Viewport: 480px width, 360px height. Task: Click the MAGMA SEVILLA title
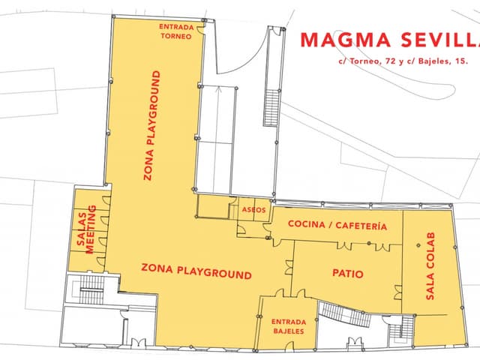point(390,40)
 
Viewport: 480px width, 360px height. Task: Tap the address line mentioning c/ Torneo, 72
point(403,61)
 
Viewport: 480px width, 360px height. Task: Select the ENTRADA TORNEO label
point(176,31)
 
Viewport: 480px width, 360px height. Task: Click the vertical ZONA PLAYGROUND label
point(152,125)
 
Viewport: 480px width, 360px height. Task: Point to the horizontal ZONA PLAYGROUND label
point(196,271)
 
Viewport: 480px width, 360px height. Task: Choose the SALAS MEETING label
point(87,229)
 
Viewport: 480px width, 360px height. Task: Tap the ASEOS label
point(253,210)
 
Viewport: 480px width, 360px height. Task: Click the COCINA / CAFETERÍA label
point(337,225)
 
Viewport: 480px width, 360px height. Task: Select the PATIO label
point(348,273)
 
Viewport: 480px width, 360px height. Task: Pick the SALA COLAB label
point(430,266)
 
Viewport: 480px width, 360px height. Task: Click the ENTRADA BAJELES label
point(289,326)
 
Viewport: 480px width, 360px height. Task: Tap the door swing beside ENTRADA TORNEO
point(199,31)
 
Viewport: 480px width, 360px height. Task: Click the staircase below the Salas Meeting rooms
point(91,289)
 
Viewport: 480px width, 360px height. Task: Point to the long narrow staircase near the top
point(271,107)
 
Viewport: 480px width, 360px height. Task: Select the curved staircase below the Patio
point(344,313)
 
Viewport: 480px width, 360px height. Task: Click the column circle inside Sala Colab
point(418,245)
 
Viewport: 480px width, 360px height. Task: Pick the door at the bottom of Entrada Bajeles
point(290,346)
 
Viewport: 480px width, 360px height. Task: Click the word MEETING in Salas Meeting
point(91,229)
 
